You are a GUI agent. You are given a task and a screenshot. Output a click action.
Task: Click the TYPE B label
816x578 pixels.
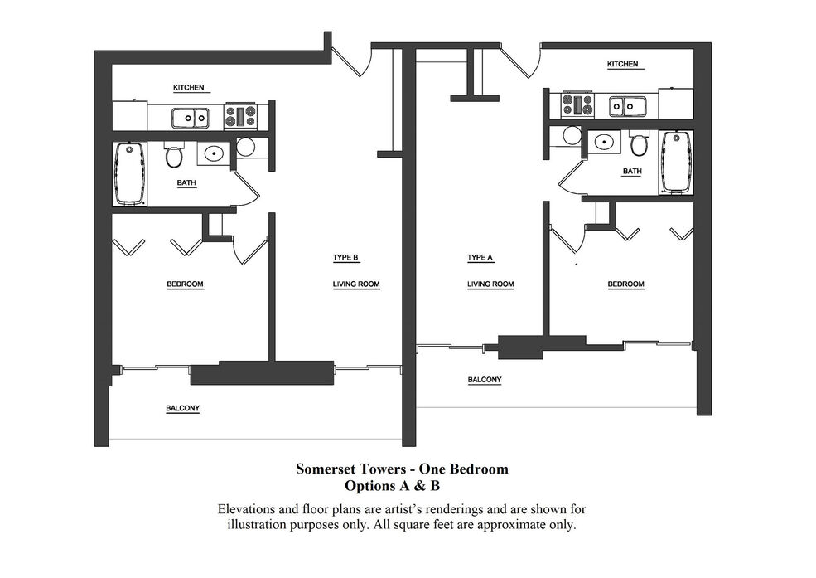pos(345,258)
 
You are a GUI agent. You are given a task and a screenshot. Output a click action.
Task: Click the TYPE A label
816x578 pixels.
pos(480,258)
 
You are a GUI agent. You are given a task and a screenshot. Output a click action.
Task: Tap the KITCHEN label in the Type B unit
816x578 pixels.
pos(188,87)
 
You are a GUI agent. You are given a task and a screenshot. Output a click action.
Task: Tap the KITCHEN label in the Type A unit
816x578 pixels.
pos(622,64)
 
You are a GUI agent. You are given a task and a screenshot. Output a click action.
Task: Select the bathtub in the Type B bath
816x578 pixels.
pos(130,174)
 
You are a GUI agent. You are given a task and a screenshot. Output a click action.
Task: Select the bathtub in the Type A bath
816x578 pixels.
pos(677,163)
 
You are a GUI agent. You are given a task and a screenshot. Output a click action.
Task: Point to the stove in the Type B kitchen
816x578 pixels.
pos(240,116)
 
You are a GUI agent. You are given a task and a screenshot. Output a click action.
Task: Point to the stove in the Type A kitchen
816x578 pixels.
pos(577,104)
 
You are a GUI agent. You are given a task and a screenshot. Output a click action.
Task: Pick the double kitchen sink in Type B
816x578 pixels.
pos(191,119)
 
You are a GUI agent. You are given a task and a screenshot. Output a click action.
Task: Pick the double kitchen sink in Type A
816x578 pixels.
pos(628,106)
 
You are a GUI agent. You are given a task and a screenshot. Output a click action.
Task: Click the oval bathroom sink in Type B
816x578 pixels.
pos(214,153)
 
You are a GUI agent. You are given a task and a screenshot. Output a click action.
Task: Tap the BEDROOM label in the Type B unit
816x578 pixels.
pos(185,284)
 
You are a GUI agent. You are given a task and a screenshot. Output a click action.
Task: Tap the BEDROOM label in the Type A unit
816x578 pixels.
pos(626,284)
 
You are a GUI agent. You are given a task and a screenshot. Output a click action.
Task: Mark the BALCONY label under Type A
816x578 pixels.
pos(485,380)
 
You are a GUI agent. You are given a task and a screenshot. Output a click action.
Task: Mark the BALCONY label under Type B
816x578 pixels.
pos(182,408)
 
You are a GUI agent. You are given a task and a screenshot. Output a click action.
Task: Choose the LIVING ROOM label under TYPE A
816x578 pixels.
pos(490,284)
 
